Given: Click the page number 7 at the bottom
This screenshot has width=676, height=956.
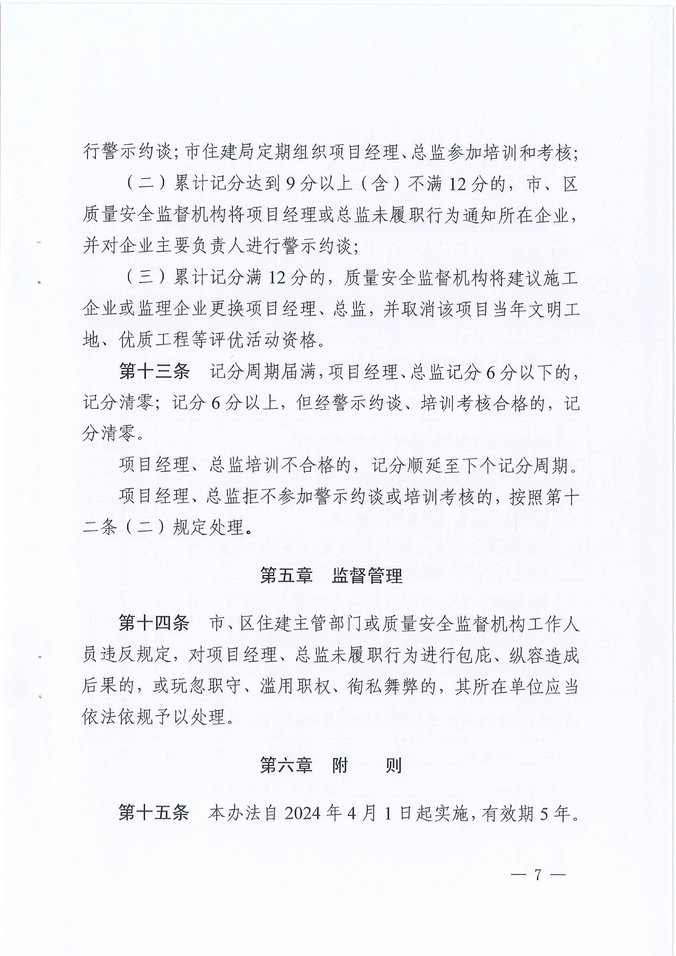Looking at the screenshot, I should click(537, 875).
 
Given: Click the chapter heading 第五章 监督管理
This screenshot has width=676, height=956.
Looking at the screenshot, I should click(331, 576).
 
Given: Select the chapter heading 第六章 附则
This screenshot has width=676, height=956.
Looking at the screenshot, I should click(331, 765).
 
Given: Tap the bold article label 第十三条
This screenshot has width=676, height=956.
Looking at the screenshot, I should click(154, 372).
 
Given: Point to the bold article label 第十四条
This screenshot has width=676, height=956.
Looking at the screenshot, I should click(154, 623).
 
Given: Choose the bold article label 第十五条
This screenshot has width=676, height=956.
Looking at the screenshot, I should click(154, 813).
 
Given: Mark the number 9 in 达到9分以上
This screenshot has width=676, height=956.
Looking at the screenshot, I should click(290, 184).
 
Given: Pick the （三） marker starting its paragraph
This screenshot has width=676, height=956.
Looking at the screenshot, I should click(145, 278).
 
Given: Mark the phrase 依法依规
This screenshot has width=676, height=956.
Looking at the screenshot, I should click(118, 717).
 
